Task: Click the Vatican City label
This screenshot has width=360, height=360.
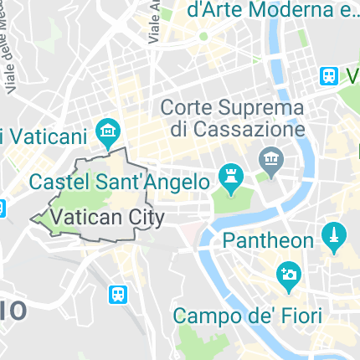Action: tap(106, 217)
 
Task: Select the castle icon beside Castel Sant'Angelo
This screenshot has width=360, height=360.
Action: tap(229, 177)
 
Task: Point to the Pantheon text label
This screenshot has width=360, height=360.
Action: tap(268, 241)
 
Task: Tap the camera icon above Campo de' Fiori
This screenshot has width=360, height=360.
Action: tap(289, 275)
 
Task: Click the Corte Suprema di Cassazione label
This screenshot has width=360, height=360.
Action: tap(232, 118)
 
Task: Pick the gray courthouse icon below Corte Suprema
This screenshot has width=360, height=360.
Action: tap(270, 158)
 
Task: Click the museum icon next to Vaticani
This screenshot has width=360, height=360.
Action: tap(108, 131)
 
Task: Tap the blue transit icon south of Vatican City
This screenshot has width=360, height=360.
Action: tap(119, 294)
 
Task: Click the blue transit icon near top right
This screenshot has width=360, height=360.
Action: tap(329, 76)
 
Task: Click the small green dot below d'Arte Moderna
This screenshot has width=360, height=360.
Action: tap(203, 37)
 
